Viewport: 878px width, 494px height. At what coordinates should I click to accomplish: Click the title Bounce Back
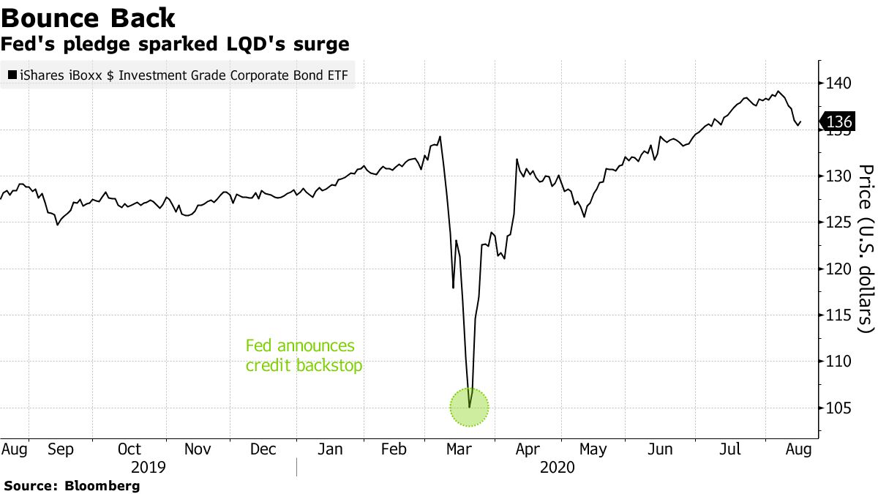tap(89, 18)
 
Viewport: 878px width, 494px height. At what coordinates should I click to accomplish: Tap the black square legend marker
tap(12, 75)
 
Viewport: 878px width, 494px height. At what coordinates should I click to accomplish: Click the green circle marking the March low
tap(468, 408)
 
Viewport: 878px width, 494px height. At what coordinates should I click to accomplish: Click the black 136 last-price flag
tap(838, 121)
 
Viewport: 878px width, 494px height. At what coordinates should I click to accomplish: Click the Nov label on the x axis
tap(198, 449)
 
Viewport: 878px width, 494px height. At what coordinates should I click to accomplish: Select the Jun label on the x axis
tap(661, 449)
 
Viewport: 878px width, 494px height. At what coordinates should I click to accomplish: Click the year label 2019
tap(148, 466)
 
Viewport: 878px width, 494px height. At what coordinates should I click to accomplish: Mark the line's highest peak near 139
tap(778, 91)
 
